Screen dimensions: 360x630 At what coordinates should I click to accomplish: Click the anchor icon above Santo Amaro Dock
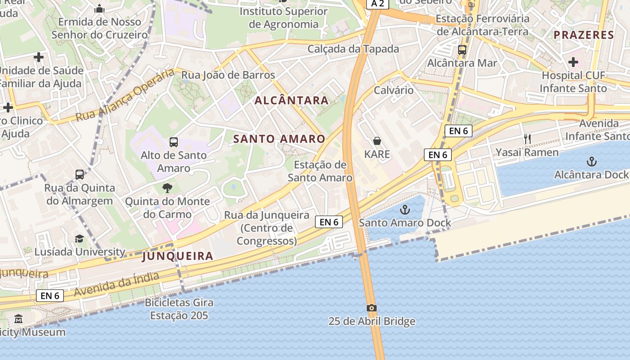405,209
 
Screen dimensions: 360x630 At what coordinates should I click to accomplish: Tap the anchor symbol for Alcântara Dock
592,162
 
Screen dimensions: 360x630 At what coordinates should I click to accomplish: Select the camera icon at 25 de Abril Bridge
372,308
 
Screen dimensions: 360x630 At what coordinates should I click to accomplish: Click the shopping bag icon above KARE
377,141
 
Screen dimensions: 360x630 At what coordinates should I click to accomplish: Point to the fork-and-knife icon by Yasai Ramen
527,139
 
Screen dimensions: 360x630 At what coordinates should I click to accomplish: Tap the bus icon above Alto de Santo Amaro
174,142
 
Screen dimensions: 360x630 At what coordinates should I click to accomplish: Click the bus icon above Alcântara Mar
462,50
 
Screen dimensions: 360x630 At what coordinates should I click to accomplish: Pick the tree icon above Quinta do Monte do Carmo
167,188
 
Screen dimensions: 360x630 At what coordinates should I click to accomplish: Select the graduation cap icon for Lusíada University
80,238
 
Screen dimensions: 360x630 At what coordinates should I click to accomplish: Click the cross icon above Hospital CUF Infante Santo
573,62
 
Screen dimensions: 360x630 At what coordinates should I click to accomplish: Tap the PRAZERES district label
584,35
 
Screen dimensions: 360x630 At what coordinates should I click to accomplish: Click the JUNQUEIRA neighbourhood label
177,256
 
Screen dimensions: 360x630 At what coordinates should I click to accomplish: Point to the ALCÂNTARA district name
292,100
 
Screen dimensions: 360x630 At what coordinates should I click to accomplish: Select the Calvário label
394,90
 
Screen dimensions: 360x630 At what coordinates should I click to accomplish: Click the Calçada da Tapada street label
353,49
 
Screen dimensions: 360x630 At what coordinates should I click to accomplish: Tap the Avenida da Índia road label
117,284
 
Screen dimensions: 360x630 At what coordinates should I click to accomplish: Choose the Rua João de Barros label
228,75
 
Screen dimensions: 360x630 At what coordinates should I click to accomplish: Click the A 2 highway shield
377,4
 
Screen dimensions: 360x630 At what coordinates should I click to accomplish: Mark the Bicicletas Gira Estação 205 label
179,309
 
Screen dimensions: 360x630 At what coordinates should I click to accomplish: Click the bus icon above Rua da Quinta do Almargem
80,175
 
